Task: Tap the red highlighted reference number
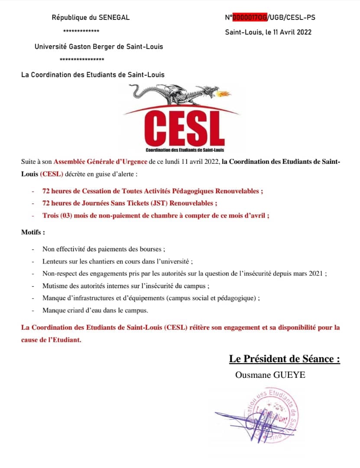pyautogui.click(x=250, y=18)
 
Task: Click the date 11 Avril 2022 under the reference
pyautogui.click(x=292, y=32)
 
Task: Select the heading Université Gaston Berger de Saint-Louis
pyautogui.click(x=99, y=46)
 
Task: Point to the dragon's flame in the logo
pyautogui.click(x=225, y=93)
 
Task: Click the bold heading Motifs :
pyautogui.click(x=33, y=232)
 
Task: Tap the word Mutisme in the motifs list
pyautogui.click(x=55, y=286)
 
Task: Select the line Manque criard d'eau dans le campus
pyautogui.click(x=95, y=311)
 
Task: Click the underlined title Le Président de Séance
pyautogui.click(x=284, y=359)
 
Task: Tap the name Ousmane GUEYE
pyautogui.click(x=270, y=375)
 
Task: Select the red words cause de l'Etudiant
pyautogui.click(x=51, y=340)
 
